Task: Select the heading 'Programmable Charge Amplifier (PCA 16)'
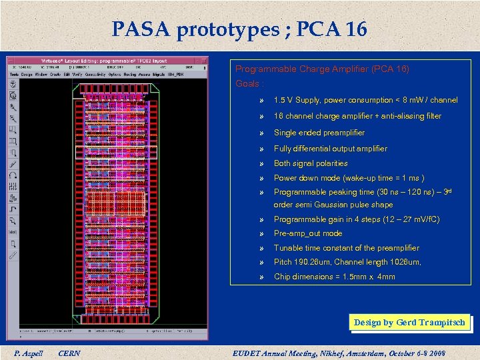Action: pos(322,69)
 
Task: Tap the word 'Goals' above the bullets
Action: pos(248,84)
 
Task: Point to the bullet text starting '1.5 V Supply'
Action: pos(365,100)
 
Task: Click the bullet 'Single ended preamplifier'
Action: pos(319,133)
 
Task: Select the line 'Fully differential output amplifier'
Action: pos(330,149)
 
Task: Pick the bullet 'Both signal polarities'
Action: pos(311,163)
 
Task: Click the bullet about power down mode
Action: pos(349,178)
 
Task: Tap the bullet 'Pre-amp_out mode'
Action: pos(308,233)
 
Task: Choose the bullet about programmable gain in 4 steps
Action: pos(357,219)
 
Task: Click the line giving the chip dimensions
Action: pos(334,277)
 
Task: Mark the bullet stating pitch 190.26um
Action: pos(347,262)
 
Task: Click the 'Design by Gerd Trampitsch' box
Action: pos(409,323)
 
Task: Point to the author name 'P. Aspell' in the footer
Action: pos(28,353)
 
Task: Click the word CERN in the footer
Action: pos(69,353)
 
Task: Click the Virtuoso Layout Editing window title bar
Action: pos(107,60)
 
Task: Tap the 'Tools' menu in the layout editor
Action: pos(14,74)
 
